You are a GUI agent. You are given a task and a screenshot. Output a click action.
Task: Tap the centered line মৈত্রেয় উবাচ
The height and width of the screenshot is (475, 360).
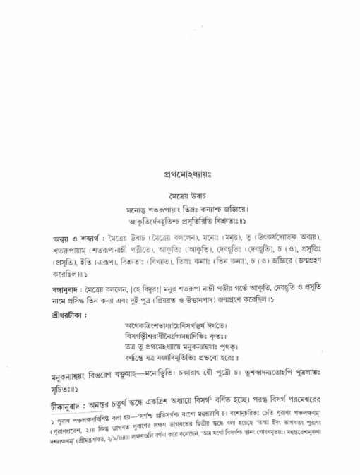(179, 192)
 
